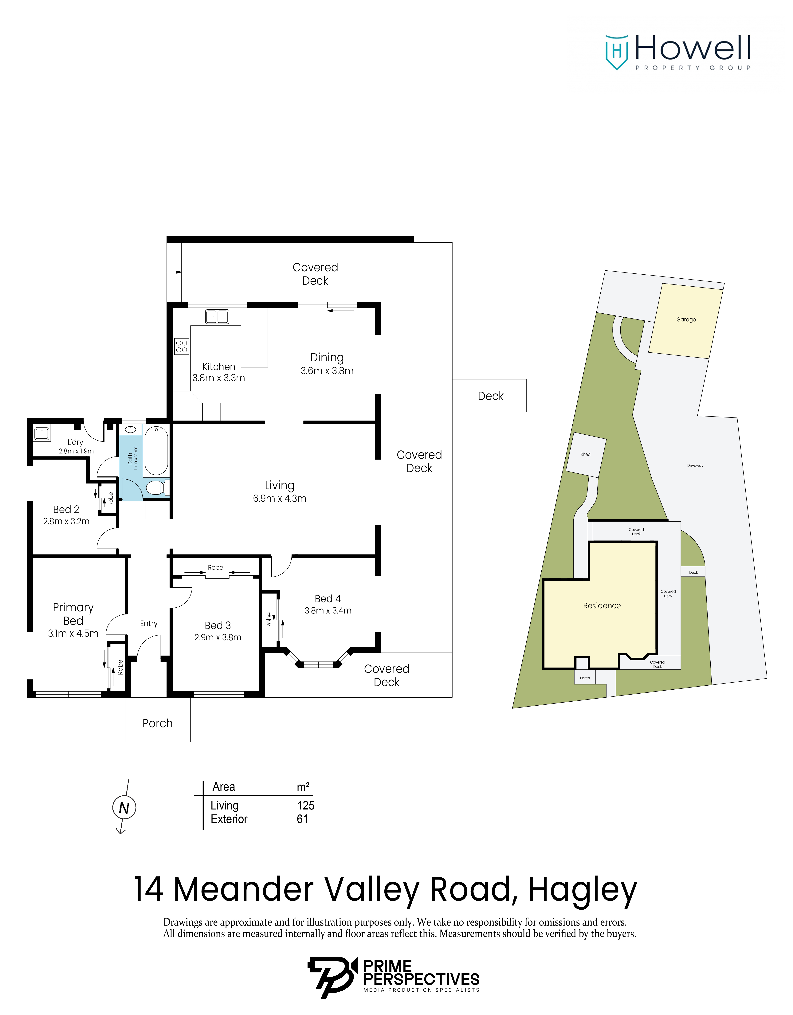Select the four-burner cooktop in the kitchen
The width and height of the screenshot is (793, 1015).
click(x=182, y=346)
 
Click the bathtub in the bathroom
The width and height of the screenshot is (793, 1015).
click(x=156, y=451)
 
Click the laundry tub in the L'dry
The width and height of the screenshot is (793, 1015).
click(x=42, y=434)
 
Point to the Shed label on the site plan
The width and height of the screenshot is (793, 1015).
click(x=585, y=455)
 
